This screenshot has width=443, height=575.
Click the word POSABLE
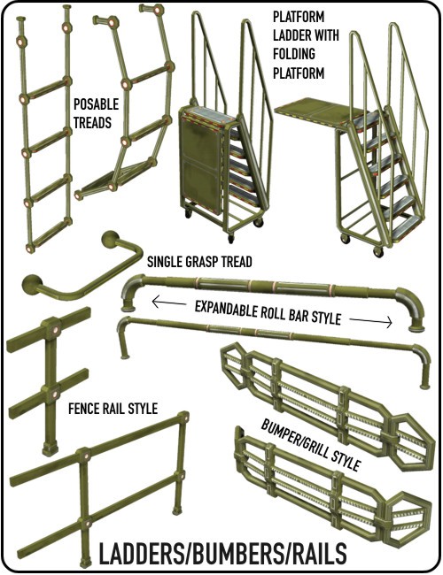click(96, 104)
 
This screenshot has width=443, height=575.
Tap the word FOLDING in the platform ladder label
click(294, 54)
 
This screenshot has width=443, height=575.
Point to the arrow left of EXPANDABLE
click(168, 303)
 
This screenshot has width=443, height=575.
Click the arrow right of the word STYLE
click(370, 322)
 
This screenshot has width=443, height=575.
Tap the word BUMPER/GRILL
click(295, 438)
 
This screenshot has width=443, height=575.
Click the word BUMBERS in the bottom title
click(236, 553)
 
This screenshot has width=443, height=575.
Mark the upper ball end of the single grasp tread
click(109, 240)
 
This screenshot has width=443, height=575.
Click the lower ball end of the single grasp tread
click(30, 284)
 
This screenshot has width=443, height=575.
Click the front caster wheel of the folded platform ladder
click(230, 238)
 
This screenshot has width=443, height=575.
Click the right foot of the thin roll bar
click(424, 386)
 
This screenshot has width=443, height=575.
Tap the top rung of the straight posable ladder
click(46, 90)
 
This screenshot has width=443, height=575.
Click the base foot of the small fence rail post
click(50, 448)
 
